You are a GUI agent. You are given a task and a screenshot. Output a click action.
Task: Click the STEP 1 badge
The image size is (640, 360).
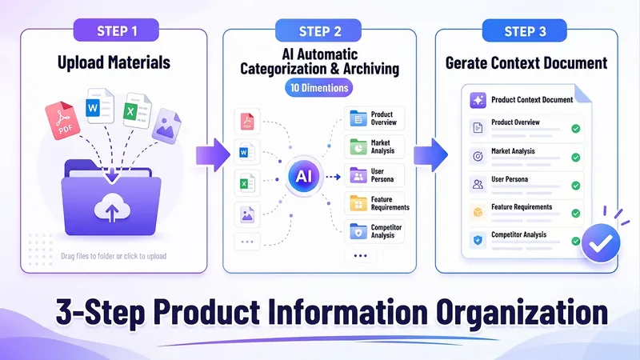(x=116, y=30)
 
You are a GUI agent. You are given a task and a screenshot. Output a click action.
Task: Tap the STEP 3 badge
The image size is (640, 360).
(x=525, y=31)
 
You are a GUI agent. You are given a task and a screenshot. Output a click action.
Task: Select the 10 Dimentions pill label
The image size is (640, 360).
(x=318, y=88)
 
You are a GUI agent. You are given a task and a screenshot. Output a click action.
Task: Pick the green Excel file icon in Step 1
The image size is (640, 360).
(x=137, y=110)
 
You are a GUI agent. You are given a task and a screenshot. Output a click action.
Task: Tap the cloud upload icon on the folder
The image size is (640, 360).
(x=112, y=208)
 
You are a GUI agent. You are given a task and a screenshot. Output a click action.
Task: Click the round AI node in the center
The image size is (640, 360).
(x=304, y=176)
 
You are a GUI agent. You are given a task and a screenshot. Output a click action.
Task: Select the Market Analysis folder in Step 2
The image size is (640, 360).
(x=358, y=147)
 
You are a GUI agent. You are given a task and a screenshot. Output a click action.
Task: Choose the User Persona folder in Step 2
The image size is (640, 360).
(x=358, y=175)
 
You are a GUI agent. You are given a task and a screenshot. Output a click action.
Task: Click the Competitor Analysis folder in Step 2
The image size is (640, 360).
(x=358, y=231)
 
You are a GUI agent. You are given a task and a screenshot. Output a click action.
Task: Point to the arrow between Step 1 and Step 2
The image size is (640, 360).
(x=213, y=155)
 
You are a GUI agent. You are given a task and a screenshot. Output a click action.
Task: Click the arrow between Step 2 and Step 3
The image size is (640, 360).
(x=430, y=155)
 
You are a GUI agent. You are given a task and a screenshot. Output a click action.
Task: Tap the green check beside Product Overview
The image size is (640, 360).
(x=575, y=129)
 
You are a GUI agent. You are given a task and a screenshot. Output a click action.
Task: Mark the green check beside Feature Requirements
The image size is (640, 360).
(x=575, y=213)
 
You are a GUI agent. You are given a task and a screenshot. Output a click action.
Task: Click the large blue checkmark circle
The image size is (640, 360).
(x=601, y=243)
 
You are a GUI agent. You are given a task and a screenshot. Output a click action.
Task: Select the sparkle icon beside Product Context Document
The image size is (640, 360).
(x=478, y=100)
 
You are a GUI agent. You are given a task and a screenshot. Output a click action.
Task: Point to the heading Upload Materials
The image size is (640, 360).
(x=114, y=62)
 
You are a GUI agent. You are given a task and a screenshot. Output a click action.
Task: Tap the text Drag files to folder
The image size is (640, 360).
(x=87, y=256)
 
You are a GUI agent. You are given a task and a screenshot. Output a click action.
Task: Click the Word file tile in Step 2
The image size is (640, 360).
(x=247, y=152)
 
